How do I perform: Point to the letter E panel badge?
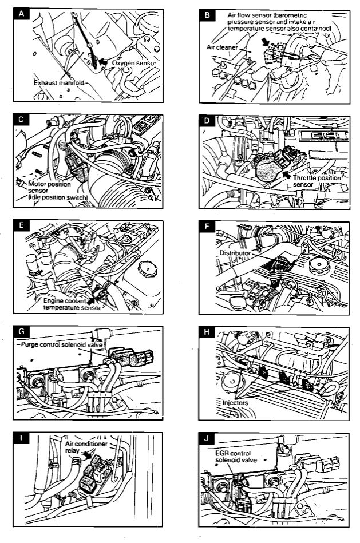pos(22,227)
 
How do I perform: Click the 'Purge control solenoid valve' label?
pos(64,345)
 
